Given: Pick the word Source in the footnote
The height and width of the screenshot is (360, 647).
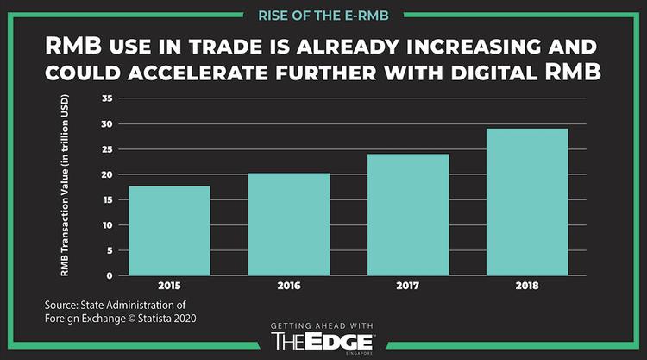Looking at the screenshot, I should point(63,305).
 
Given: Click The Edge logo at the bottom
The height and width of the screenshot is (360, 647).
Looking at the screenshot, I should point(323,341).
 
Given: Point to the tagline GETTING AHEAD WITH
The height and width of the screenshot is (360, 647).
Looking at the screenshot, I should point(323,325).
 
